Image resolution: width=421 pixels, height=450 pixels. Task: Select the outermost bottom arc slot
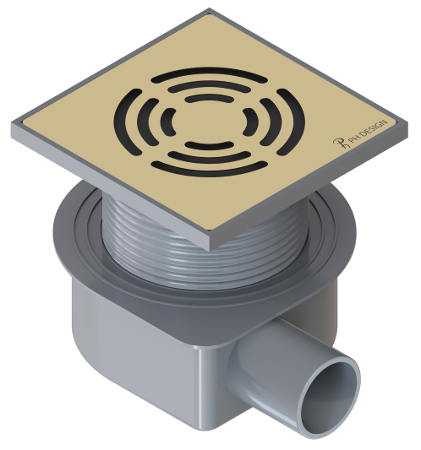coord(209,170)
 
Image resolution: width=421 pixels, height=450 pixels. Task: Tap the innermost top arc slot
coord(209,97)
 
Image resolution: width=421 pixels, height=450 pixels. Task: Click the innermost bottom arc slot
coord(209,145)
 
